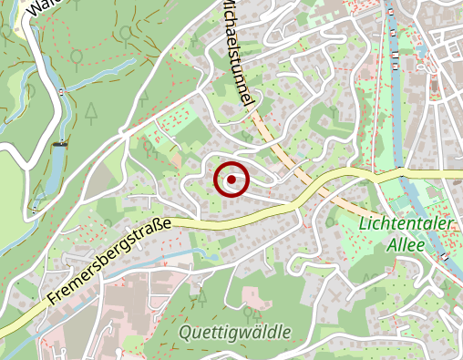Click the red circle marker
tap(231, 180)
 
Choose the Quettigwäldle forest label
tap(235, 332)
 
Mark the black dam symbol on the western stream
tap(61, 143)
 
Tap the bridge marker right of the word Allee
tap(443, 256)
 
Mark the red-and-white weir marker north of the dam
tap(60, 92)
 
